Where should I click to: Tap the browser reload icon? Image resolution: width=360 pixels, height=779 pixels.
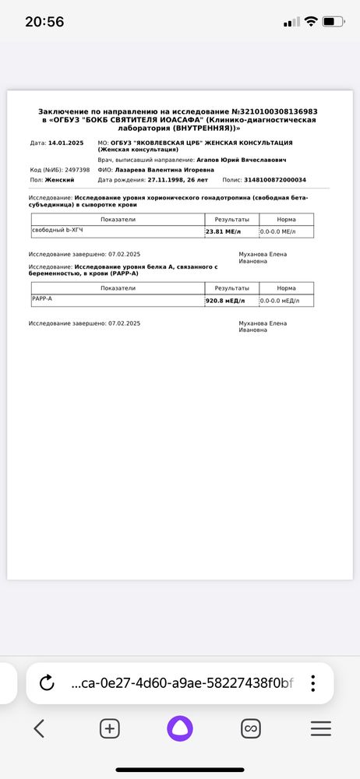click(x=47, y=683)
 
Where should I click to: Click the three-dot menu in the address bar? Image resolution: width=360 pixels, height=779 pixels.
click(x=312, y=683)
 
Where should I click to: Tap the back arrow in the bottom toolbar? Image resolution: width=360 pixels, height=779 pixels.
click(x=39, y=728)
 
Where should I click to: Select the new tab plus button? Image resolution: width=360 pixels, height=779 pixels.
click(x=110, y=728)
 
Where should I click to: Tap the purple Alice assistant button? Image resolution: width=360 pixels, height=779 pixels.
click(x=180, y=728)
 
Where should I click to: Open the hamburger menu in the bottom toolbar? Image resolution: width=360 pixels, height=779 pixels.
click(x=321, y=728)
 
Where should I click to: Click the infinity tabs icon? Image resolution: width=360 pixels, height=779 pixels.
click(x=250, y=728)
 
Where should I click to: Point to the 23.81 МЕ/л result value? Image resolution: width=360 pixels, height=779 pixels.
click(x=224, y=232)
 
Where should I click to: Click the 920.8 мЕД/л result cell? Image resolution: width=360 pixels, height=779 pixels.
click(x=225, y=301)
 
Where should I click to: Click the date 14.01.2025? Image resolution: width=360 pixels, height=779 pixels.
click(x=65, y=143)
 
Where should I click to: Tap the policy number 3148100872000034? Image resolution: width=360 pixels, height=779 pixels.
click(x=275, y=180)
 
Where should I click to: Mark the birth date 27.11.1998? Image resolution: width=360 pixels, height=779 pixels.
click(x=168, y=180)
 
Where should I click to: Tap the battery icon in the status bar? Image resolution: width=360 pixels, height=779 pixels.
click(x=333, y=22)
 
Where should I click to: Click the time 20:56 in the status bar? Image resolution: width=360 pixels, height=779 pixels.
click(x=44, y=22)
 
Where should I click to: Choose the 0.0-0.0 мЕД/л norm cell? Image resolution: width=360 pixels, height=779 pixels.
click(x=285, y=301)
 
